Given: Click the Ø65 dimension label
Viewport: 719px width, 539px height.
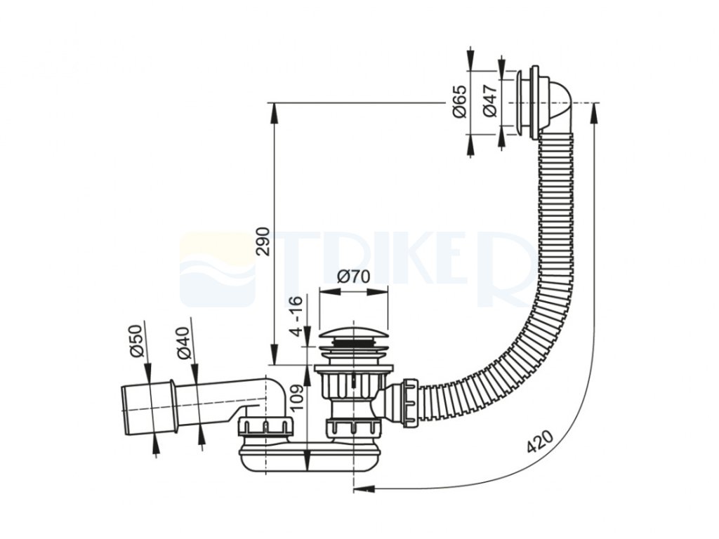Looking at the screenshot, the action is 460,102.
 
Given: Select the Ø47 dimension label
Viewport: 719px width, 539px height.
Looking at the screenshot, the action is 489,102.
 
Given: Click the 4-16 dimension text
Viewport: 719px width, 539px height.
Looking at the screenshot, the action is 297,316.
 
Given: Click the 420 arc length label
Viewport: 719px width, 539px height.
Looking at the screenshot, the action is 539,441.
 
